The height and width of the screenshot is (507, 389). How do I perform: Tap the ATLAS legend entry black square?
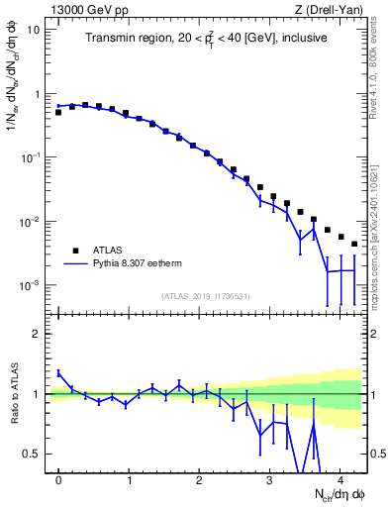[74, 251]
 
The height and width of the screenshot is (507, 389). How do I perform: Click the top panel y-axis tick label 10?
[33, 30]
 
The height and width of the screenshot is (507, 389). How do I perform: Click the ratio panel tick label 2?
[37, 334]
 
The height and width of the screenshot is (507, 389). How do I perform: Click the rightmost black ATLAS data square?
[354, 244]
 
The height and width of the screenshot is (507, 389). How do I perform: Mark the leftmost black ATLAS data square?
[58, 112]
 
